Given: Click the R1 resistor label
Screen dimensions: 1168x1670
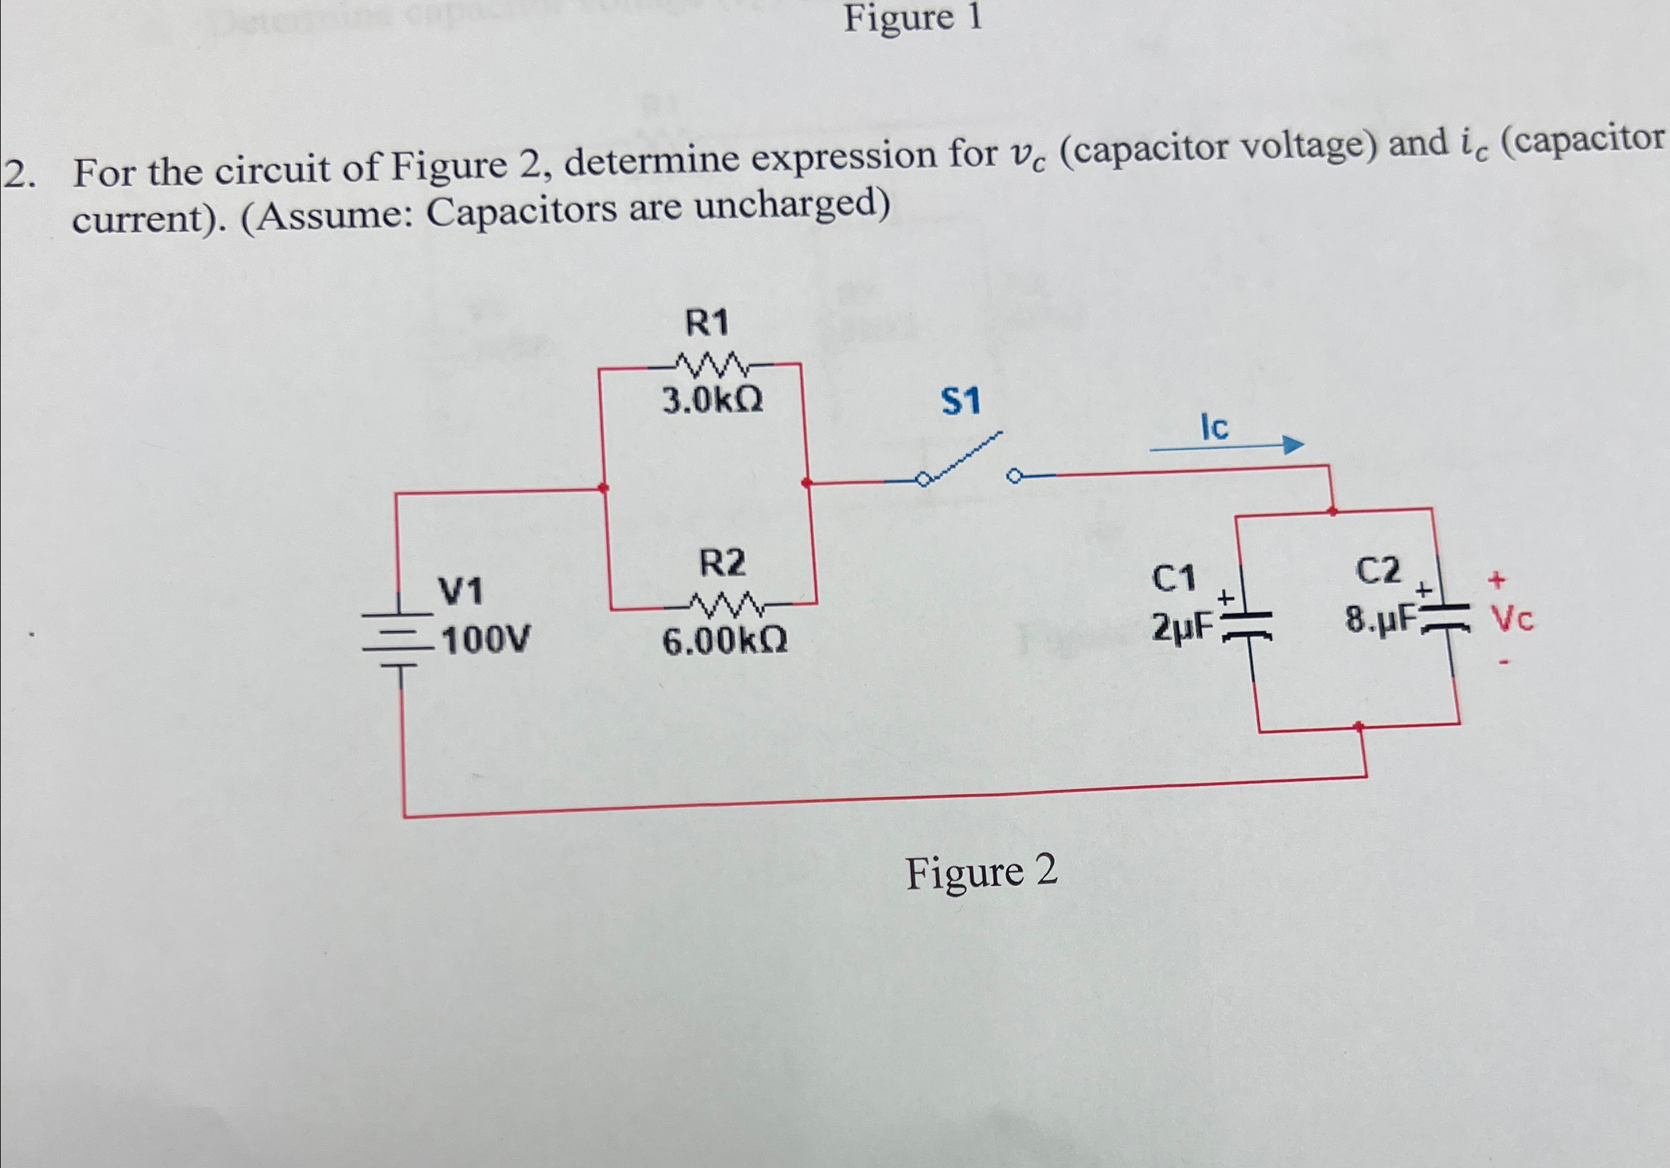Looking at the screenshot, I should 707,324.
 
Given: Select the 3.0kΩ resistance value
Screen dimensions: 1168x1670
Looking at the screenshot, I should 712,400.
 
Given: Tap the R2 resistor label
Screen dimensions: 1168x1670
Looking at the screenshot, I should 721,563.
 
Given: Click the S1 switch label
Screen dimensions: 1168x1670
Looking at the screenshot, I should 960,401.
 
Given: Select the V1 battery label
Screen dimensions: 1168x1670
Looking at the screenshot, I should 460,591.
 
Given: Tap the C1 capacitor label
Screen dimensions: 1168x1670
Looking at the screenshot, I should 1173,580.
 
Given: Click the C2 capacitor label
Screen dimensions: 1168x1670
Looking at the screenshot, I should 1378,571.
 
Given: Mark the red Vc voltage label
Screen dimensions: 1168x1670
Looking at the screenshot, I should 1512,620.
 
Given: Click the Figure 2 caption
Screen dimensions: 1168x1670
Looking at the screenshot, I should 980,872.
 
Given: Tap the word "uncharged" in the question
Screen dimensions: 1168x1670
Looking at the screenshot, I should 791,206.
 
